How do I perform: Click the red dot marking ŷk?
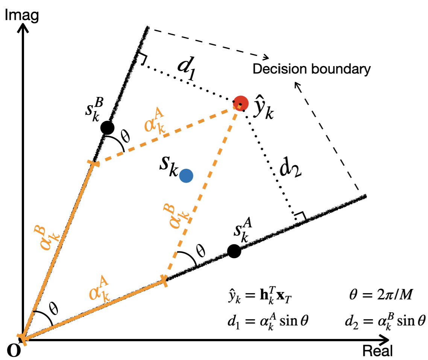click(x=241, y=103)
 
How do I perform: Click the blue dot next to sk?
click(x=186, y=175)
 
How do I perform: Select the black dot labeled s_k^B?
click(x=108, y=128)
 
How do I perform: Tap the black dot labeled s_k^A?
click(x=234, y=251)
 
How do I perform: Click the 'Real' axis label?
click(x=377, y=351)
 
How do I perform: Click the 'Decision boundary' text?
click(x=312, y=69)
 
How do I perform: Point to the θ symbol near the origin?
click(x=55, y=309)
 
